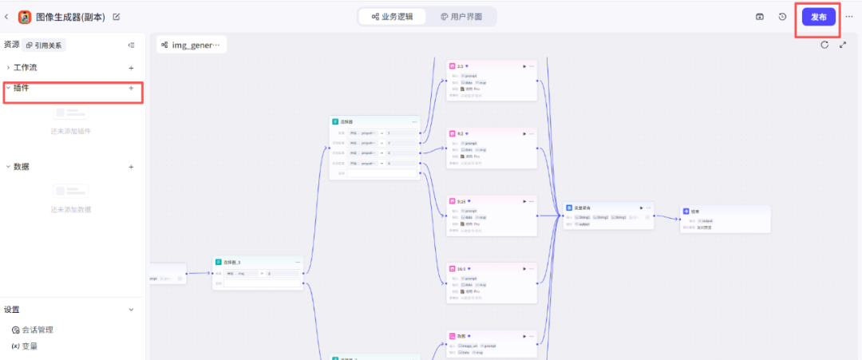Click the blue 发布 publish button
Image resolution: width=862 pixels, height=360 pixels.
(818, 17)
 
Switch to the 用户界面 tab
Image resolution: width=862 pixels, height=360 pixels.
(461, 17)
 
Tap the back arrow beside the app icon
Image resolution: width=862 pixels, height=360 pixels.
(7, 17)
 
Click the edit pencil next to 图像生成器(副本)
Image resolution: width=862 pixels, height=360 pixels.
(117, 17)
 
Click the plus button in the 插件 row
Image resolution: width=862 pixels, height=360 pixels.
(131, 88)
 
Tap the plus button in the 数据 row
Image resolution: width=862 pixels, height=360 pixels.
(131, 167)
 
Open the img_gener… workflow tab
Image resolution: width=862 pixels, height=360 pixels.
(192, 45)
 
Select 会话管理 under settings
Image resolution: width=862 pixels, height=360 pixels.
(37, 330)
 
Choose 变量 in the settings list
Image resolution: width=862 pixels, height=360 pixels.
(29, 346)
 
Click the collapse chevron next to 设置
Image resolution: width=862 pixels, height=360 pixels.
(132, 310)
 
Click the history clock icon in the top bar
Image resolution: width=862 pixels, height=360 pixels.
(782, 17)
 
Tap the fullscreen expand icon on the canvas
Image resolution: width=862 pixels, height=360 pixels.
(843, 45)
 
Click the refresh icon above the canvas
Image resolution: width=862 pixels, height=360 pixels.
(824, 45)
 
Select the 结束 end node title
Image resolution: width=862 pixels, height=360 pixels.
(694, 212)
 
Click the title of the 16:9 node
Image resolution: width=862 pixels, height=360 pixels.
(461, 269)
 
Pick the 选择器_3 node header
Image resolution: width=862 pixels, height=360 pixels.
(232, 262)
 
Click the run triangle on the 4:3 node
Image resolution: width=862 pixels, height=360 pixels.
(524, 134)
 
